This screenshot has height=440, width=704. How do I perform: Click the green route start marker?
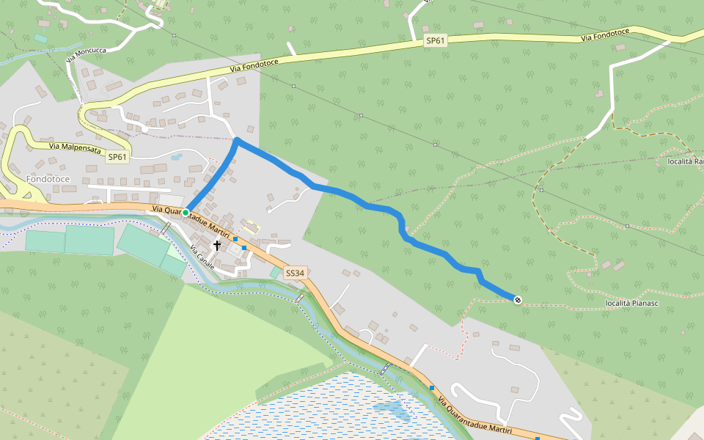pos(186,213)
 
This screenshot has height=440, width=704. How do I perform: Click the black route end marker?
pos(518,299)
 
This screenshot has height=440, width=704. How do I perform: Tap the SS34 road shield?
pos(294,273)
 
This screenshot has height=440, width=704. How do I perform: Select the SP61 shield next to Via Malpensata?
pos(117,157)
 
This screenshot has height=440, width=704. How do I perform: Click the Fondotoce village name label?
pos(48,179)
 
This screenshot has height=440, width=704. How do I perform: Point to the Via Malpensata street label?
pos(76,146)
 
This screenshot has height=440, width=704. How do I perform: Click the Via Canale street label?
pos(202,258)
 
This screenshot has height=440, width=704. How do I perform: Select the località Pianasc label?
pos(634,303)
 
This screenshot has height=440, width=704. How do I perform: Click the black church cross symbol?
pos(216,245)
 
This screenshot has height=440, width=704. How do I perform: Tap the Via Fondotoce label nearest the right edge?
pos(606,36)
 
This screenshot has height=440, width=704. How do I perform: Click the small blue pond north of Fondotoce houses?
pos(176,156)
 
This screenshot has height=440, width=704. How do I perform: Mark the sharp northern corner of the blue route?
pos(237,139)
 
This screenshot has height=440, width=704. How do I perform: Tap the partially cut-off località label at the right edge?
pos(686,161)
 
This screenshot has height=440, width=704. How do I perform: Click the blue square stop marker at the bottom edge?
pos(538,438)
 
